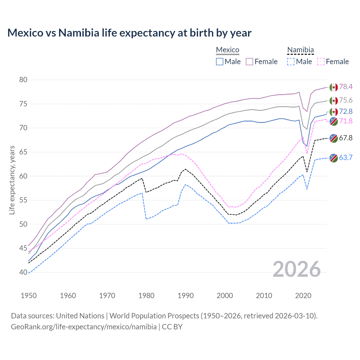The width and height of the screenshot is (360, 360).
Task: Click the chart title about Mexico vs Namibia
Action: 129,33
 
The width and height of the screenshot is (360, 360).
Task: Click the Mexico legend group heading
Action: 228,50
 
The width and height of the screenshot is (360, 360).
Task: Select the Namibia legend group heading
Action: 300,50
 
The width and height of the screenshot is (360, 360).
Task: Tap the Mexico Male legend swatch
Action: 220,62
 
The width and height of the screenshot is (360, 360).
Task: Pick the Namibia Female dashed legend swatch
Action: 321,62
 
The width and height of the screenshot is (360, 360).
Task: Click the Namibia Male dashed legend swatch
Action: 291,62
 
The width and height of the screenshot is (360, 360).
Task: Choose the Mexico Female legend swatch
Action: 249,62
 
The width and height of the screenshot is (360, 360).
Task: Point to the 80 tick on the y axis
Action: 23,80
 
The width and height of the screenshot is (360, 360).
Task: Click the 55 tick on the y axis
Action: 23,200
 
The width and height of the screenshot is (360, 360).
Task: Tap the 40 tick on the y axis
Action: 23,272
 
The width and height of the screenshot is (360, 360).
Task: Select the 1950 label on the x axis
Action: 29,296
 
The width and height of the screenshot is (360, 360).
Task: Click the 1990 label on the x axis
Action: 186,296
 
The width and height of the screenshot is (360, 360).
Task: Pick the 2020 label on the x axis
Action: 303,296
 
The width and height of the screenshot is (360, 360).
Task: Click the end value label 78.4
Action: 346,87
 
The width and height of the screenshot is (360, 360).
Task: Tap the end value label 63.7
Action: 346,157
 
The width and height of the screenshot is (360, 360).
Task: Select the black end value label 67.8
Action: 346,138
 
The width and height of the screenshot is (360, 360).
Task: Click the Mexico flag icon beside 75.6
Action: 334,100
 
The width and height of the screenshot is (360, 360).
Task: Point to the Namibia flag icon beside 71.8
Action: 334,121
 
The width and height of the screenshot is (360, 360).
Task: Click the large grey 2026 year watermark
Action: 297,269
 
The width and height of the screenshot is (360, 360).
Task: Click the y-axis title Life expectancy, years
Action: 12,180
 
